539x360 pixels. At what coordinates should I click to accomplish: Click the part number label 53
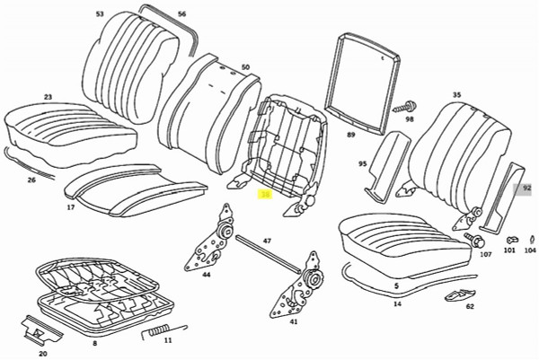tap(100, 14)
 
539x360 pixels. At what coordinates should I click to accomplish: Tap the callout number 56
tap(181, 14)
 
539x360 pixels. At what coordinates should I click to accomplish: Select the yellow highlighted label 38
tap(265, 193)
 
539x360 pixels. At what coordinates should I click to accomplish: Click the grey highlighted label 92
tap(527, 189)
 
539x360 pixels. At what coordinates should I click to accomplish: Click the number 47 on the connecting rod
tap(267, 241)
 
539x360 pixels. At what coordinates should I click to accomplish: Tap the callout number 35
tap(456, 94)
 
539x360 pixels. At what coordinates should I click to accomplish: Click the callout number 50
tap(245, 67)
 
